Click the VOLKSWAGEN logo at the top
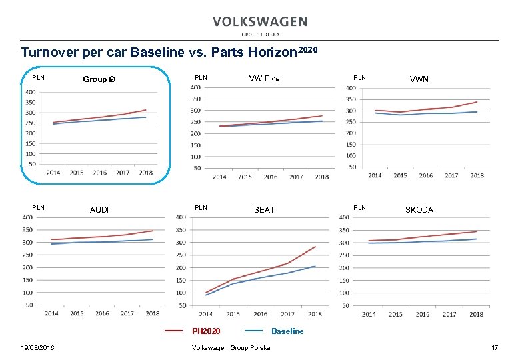[x=260, y=22]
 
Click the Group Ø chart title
[x=99, y=79]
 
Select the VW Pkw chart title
[x=265, y=79]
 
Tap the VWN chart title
[x=419, y=79]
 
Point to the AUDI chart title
[x=99, y=210]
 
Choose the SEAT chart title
[x=264, y=210]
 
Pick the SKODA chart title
[x=419, y=210]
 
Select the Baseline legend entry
[x=287, y=331]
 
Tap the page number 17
[x=495, y=347]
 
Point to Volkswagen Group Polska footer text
[x=231, y=347]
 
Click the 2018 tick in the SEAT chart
[x=315, y=314]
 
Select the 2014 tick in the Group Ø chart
[x=53, y=173]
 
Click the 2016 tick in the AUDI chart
[x=101, y=313]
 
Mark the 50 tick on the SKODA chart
[x=345, y=305]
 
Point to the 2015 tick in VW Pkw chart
[x=245, y=177]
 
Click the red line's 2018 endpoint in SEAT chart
[x=315, y=247]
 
